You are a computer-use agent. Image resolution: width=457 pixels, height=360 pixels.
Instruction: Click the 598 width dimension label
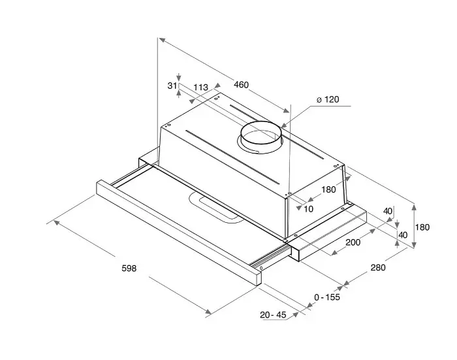click(129, 268)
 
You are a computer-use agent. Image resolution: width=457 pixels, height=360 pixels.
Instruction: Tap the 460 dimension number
click(242, 85)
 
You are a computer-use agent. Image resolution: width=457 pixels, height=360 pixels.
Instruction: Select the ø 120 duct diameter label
click(328, 99)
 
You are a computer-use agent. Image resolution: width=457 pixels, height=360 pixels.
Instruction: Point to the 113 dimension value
click(201, 88)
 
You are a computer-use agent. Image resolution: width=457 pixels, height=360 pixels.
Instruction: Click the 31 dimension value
click(172, 86)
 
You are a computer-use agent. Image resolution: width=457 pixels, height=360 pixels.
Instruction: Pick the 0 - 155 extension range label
click(327, 297)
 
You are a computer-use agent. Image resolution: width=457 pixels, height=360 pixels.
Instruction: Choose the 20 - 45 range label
click(273, 315)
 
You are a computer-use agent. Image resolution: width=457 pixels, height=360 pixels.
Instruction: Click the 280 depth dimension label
click(378, 267)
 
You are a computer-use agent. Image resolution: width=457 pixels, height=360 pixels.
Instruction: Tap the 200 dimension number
click(353, 242)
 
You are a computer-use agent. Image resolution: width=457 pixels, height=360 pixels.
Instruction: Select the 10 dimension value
click(308, 209)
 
